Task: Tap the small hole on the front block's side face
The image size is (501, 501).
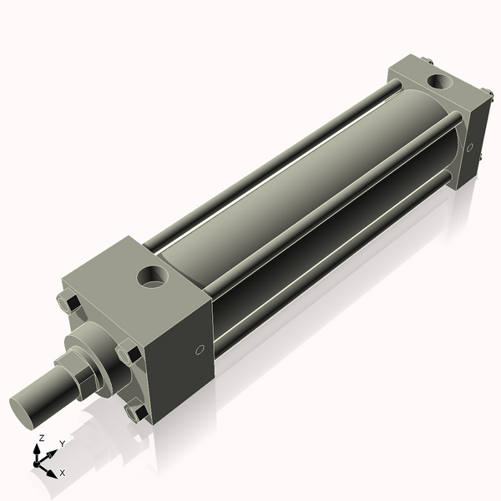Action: tap(198, 351)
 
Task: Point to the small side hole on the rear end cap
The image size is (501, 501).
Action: tap(470, 148)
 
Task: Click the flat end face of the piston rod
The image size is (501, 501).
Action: tap(25, 409)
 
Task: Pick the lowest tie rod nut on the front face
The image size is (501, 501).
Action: tap(134, 412)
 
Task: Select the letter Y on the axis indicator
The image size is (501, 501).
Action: tap(62, 445)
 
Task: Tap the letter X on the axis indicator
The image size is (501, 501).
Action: tap(62, 473)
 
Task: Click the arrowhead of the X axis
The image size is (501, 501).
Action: tap(52, 469)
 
